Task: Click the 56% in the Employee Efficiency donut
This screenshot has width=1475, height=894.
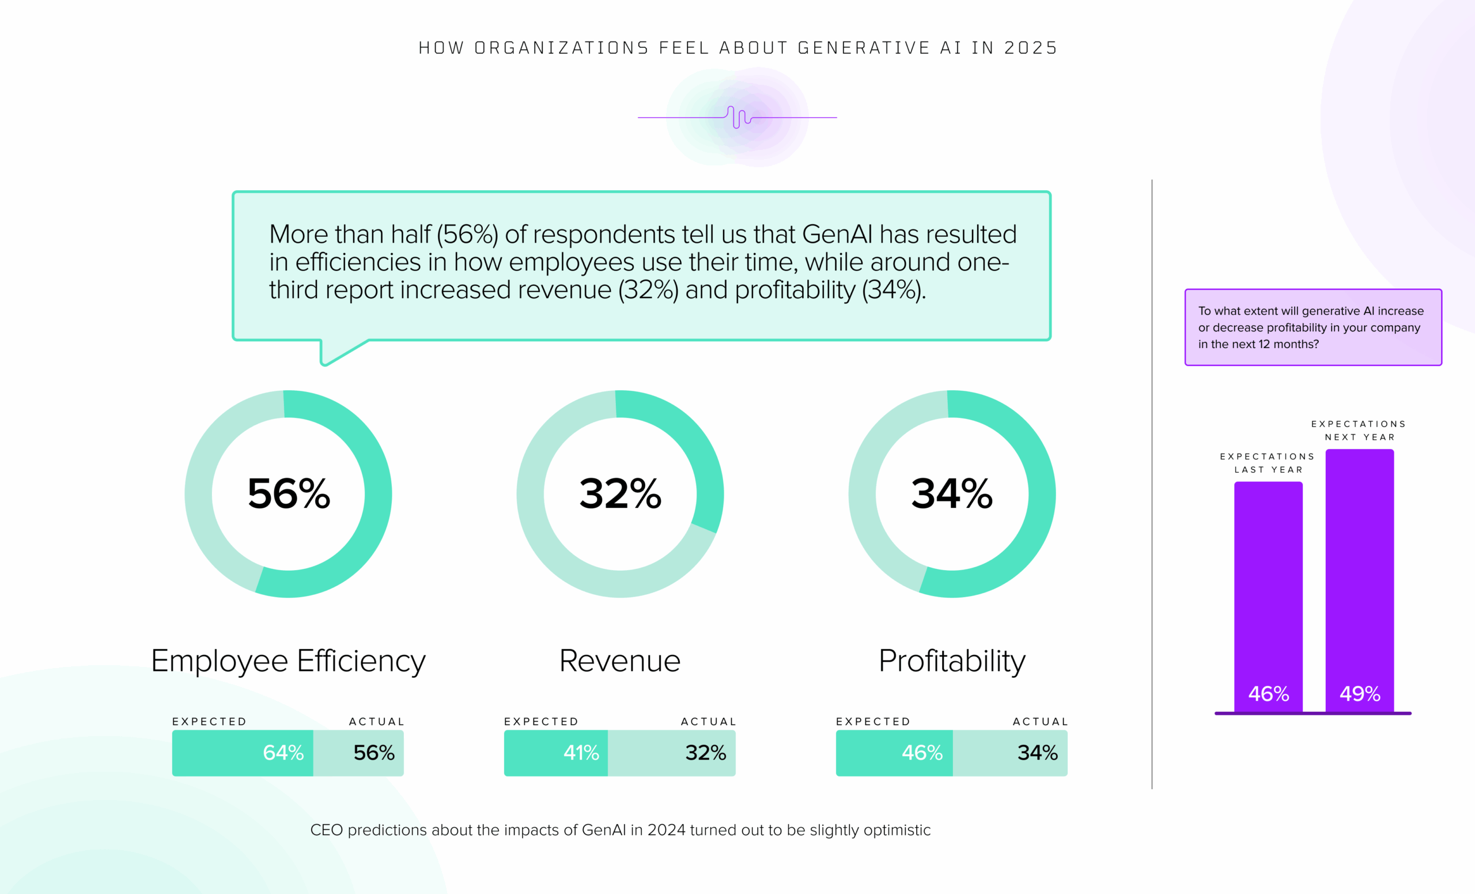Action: pos(289,494)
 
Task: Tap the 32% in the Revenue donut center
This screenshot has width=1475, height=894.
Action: pos(620,494)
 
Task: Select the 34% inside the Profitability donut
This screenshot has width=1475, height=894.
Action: pos(952,494)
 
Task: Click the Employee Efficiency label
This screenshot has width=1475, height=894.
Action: pos(288,661)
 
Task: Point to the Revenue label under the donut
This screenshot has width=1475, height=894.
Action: pos(619,661)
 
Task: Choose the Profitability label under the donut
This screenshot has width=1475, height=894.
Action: pos(952,661)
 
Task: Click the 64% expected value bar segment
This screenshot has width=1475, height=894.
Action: pos(243,753)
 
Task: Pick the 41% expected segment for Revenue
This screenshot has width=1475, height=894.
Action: pos(555,753)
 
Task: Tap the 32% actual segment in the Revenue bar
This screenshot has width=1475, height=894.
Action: pos(672,753)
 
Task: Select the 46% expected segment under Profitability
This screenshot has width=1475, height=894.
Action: pos(894,753)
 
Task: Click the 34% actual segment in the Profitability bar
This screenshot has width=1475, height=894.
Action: pos(1011,753)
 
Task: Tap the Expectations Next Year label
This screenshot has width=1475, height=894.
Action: pos(1358,431)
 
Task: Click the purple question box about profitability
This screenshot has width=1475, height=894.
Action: pos(1313,327)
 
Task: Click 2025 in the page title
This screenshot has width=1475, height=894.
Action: pos(1031,48)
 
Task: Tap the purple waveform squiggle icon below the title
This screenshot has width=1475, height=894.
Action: pos(739,117)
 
